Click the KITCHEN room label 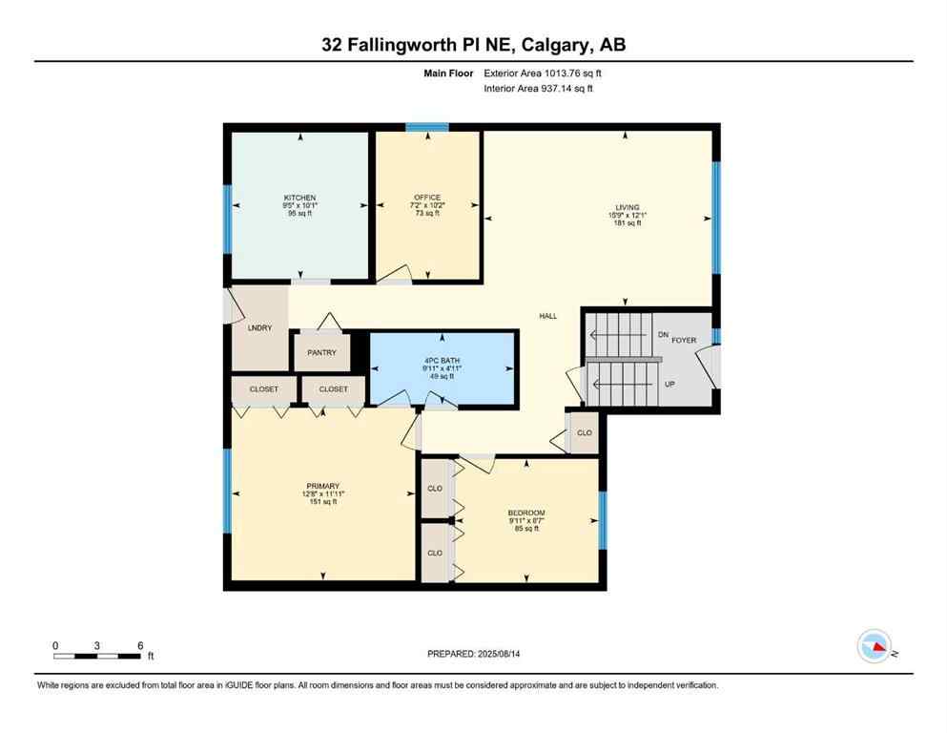click(299, 198)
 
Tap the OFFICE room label click(426, 198)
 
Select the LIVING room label click(627, 207)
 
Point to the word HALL click(547, 317)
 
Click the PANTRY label click(321, 352)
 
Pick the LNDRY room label click(259, 328)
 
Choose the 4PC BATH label click(443, 360)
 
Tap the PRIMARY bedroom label click(322, 486)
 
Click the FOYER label click(684, 340)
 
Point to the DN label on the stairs click(663, 335)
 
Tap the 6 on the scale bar click(140, 645)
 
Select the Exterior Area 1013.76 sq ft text click(543, 72)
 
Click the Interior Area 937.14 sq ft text click(539, 89)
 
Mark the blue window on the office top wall click(426, 126)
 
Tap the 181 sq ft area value click(626, 222)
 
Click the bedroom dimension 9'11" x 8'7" click(526, 520)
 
